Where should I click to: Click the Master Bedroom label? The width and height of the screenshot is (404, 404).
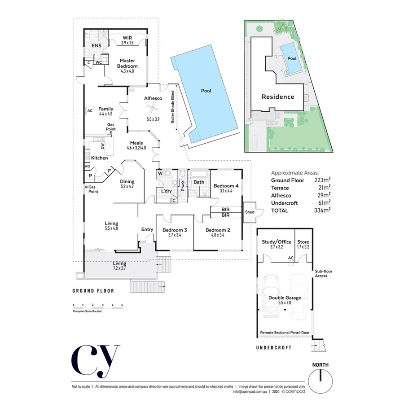(127, 63)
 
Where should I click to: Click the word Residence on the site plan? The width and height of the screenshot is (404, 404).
(278, 97)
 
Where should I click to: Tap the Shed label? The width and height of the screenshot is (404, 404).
(249, 212)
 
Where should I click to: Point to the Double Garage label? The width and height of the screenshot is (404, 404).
(285, 300)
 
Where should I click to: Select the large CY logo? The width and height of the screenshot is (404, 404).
(95, 361)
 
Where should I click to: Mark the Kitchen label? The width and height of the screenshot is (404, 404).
(100, 158)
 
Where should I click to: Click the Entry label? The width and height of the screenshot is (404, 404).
(147, 229)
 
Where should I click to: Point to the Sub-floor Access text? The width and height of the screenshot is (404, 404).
(321, 273)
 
